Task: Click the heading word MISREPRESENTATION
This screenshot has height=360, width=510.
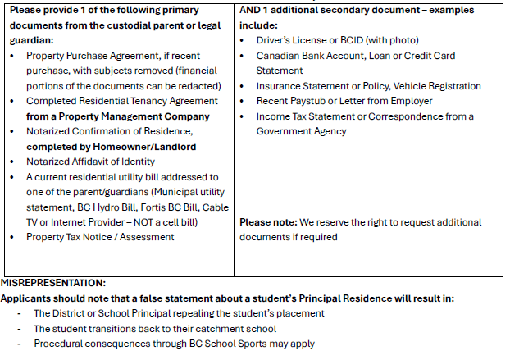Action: [x=53, y=283]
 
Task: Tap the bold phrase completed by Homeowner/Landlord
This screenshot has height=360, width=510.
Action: [x=112, y=147]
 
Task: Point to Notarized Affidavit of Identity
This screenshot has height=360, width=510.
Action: [x=90, y=162]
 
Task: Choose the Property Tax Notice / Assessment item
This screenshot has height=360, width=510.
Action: [x=100, y=237]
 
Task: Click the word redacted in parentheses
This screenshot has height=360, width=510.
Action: [x=199, y=86]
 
